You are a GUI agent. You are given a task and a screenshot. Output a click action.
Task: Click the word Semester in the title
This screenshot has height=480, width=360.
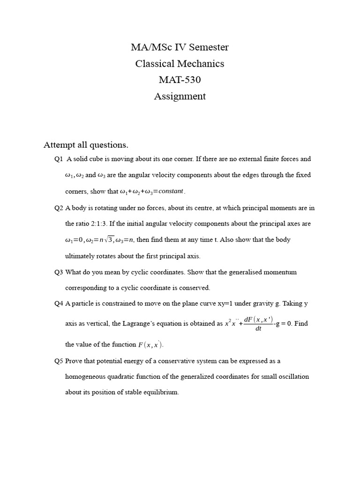pos(207,47)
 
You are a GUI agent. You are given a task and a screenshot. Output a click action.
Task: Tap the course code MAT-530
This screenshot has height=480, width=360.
pos(180,80)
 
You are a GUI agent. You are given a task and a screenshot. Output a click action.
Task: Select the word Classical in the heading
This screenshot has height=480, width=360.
pos(157,64)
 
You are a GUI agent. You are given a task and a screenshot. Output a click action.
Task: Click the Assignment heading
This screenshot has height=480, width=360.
pos(180,97)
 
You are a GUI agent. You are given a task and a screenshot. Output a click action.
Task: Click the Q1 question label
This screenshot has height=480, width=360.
pos(59,159)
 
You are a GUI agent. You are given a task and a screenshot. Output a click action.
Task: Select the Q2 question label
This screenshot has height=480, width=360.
pos(59,208)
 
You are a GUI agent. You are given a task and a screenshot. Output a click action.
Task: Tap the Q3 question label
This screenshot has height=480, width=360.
pos(59,272)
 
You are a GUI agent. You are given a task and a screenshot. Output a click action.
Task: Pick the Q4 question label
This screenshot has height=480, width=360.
pos(59,304)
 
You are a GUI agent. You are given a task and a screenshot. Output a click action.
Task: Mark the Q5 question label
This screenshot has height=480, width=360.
pos(59,361)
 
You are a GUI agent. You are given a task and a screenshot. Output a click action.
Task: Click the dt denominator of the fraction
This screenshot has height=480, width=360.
pos(258,329)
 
